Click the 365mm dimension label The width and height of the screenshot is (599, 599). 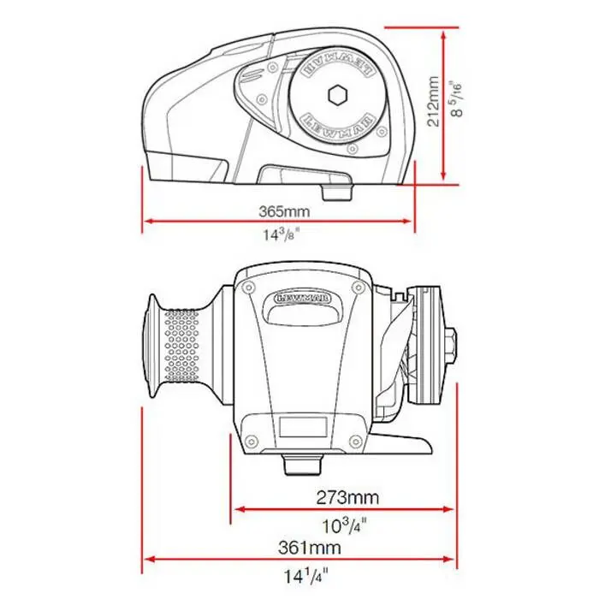click(284, 211)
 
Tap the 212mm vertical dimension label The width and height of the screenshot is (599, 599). click(433, 101)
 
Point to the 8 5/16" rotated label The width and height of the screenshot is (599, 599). click(456, 98)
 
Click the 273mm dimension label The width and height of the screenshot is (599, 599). click(347, 497)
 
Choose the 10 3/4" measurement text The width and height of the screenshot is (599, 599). click(345, 525)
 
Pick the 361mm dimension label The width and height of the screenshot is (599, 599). click(310, 548)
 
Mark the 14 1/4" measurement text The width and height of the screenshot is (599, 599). click(305, 576)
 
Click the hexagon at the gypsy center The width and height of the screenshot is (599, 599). click(338, 94)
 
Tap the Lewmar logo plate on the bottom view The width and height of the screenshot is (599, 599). click(303, 298)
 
